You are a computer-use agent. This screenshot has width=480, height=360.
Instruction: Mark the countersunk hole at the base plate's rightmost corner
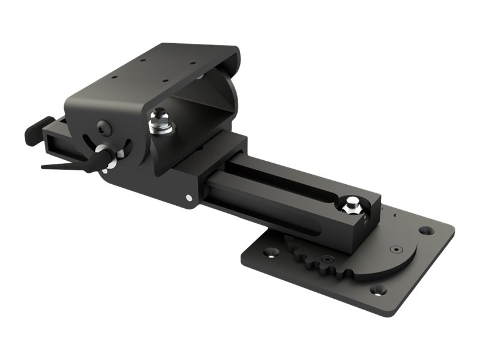click(425, 230)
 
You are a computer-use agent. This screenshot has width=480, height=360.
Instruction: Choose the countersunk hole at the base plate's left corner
click(268, 253)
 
